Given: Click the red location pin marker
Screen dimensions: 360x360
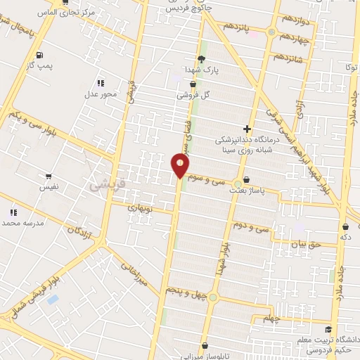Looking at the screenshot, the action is [180, 165].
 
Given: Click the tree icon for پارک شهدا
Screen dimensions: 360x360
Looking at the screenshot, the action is [202, 59].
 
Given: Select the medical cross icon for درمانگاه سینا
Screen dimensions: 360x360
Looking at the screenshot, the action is [247, 129].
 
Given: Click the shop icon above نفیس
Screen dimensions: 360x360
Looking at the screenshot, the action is [49, 177].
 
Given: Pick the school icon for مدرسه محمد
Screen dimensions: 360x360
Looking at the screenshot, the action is [13, 212].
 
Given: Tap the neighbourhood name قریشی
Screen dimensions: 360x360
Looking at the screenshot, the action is [103, 185].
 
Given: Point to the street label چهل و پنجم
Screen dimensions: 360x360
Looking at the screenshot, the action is [185, 289].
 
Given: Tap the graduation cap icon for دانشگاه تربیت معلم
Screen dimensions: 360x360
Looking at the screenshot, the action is [328, 329].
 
